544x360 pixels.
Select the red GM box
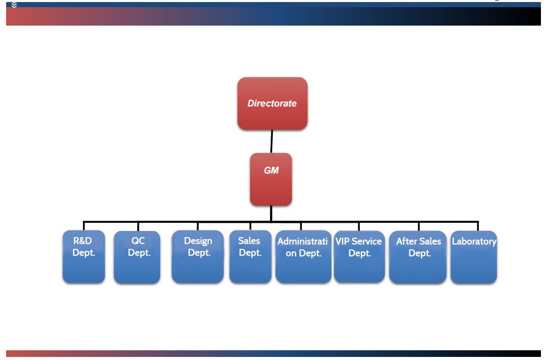(271, 179)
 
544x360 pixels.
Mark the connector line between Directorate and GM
(271, 141)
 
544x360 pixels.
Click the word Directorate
(272, 103)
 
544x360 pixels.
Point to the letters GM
(271, 171)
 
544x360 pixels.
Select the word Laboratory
(474, 241)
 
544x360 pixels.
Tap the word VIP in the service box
(342, 241)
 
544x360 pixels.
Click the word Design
(198, 241)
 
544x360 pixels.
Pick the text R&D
(82, 241)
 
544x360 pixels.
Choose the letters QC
(138, 241)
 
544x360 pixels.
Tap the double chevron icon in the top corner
(14, 5)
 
